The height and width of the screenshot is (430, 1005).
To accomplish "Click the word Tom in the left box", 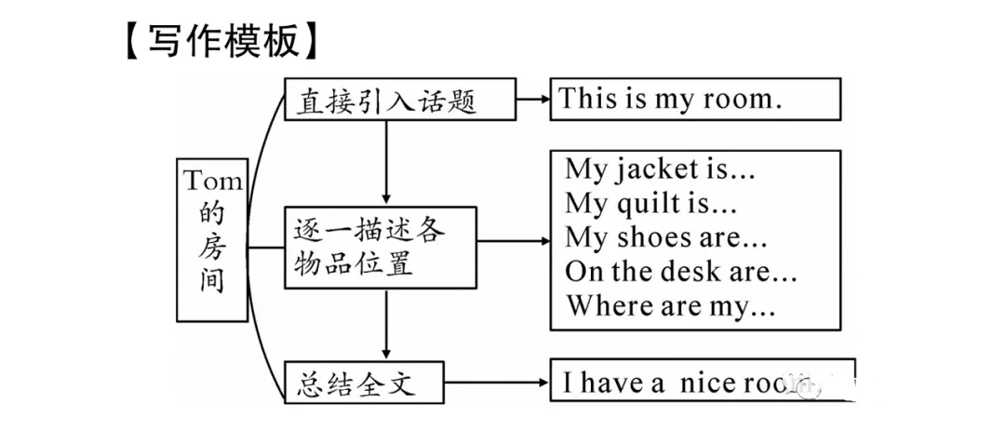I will (x=213, y=179).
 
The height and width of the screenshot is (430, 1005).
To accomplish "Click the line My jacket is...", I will (x=660, y=170).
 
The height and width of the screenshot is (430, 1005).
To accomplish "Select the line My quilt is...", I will (x=651, y=203).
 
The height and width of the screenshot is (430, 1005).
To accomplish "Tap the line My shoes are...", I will (x=666, y=237).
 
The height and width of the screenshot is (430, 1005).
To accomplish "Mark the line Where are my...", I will (x=671, y=305).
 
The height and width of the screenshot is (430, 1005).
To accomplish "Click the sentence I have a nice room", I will (x=679, y=383).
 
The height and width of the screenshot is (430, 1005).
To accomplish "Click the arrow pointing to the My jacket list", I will (x=512, y=240).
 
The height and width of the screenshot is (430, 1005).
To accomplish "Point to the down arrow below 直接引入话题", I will (x=384, y=163).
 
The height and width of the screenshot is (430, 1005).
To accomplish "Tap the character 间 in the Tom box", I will (x=213, y=278).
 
